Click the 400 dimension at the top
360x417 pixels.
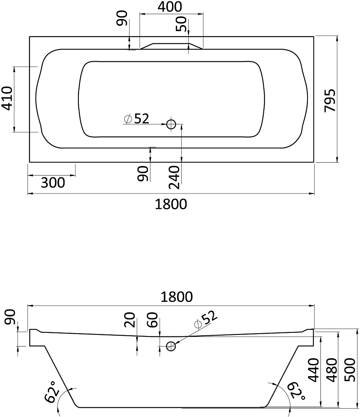tap(170, 7)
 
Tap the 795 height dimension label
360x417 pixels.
tap(330, 100)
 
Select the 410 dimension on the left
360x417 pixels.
tap(7, 98)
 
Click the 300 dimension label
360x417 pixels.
tap(53, 183)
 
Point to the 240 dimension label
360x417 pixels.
tap(175, 177)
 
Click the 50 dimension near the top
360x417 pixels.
tap(182, 24)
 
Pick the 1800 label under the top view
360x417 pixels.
tap(171, 204)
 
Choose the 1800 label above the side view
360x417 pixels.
tap(177, 297)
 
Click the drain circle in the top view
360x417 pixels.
tap(171, 124)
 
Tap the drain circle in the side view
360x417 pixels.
tap(171, 346)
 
